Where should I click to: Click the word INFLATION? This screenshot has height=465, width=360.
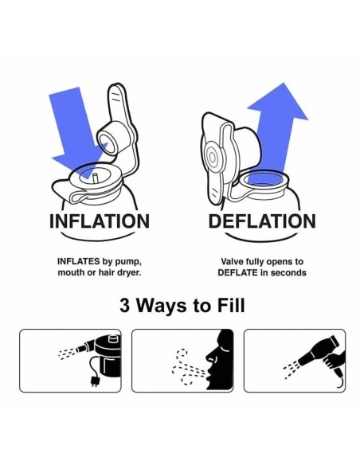pyautogui.click(x=100, y=221)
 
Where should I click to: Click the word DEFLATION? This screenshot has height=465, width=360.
pyautogui.click(x=262, y=221)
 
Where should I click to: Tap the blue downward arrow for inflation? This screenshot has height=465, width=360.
pyautogui.click(x=78, y=131)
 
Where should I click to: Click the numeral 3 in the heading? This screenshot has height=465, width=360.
pyautogui.click(x=125, y=306)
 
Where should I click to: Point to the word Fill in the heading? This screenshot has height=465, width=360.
pyautogui.click(x=231, y=306)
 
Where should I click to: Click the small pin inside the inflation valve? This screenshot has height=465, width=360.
pyautogui.click(x=96, y=179)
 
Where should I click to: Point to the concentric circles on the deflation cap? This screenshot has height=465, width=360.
pyautogui.click(x=213, y=157)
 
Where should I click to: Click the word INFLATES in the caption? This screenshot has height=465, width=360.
pyautogui.click(x=78, y=261)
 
